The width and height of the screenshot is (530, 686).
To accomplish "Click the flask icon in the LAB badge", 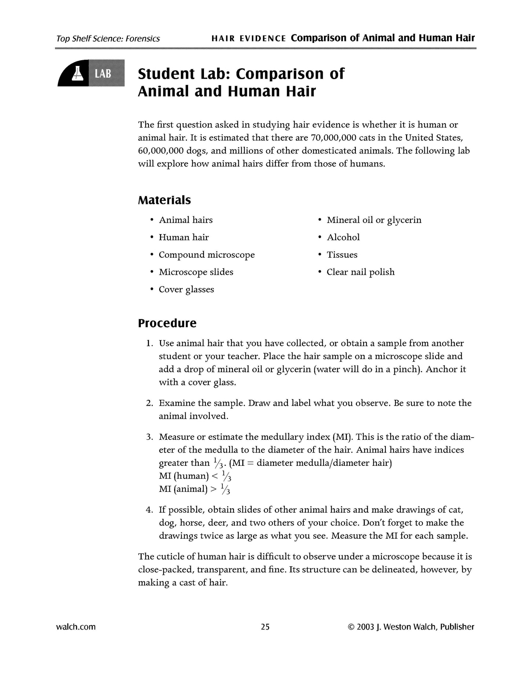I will [77, 73].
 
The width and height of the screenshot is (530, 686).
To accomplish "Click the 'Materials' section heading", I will [164, 200].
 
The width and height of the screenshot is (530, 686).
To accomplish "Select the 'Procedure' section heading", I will [167, 323].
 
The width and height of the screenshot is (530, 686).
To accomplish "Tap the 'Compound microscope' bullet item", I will [206, 255].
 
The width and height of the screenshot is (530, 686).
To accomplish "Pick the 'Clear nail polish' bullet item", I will [361, 272].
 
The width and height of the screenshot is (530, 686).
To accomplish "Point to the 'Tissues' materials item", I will [342, 255].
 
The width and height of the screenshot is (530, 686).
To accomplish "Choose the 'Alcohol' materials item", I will [343, 237].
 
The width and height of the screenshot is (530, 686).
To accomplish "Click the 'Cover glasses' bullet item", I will [186, 289].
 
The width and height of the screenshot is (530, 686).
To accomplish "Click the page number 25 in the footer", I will [265, 627].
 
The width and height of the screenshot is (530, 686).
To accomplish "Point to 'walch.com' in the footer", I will [76, 627].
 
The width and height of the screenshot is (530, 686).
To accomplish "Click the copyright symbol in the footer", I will [350, 627].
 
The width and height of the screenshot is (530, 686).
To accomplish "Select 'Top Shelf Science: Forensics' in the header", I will [108, 38].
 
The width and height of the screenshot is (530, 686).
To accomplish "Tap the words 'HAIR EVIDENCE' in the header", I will [249, 38].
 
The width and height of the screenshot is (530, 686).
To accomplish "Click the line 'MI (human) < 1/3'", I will [195, 476].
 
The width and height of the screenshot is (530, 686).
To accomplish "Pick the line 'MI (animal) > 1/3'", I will [194, 489].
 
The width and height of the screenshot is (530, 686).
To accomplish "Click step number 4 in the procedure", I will [149, 510].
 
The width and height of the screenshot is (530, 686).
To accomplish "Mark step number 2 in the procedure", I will [149, 403].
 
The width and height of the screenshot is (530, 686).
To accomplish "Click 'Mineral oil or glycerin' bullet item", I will [374, 220].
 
